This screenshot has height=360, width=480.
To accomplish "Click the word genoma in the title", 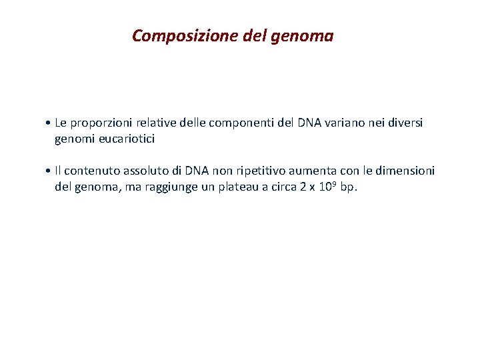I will pos(303,36).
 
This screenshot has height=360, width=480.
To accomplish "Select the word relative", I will pos(153,123).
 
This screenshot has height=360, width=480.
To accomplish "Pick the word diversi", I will pos(405,123).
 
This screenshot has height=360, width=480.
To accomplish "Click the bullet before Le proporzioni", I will pos(50,123).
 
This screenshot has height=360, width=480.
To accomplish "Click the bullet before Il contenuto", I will pos(50,171).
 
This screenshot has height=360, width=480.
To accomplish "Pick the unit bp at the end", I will pos(349,188).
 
